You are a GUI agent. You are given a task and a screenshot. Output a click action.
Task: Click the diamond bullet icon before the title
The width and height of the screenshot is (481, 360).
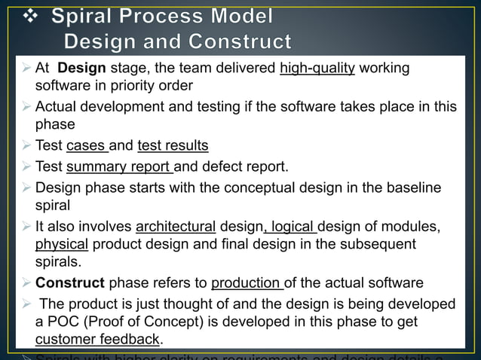pos(25,17)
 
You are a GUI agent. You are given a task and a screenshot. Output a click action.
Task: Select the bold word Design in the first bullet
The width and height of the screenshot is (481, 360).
pos(81,69)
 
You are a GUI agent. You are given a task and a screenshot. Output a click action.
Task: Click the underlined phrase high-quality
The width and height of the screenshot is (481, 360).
pos(317,69)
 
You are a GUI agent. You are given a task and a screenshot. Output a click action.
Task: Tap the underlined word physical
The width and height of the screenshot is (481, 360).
pos(62,244)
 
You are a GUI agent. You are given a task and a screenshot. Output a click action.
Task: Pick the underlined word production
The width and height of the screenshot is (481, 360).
pos(246,284)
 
